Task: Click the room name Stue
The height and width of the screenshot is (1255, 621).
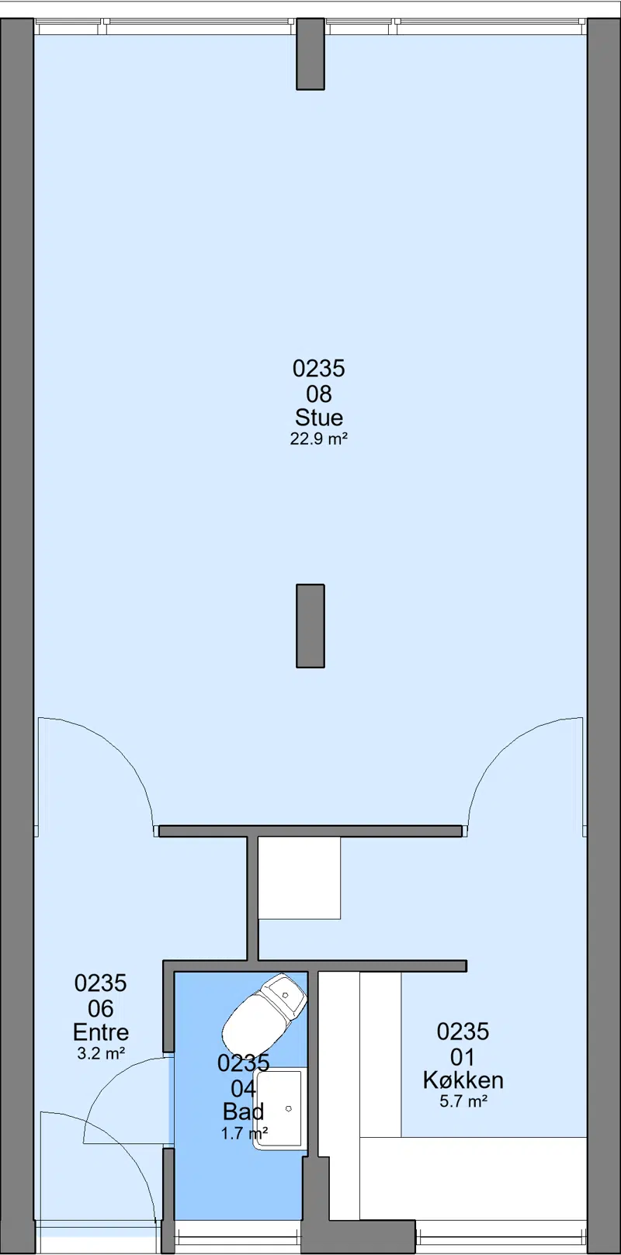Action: point(319,418)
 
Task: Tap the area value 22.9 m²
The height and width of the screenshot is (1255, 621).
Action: point(318,439)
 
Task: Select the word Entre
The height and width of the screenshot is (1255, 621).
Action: point(101,1032)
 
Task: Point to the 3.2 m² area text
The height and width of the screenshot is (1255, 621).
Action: point(101,1053)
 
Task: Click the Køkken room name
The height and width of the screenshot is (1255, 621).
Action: point(463,1080)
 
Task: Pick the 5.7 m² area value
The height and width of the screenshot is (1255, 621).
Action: point(463,1101)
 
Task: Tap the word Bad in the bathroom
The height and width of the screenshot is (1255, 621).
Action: point(243,1111)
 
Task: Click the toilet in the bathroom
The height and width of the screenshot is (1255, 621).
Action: point(263,1011)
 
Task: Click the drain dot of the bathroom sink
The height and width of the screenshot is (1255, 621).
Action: point(289,1109)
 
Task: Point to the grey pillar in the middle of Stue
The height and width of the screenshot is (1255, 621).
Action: point(310,626)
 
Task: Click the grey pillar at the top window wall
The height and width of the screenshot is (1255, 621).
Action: point(310,54)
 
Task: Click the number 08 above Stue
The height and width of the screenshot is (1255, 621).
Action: point(319,393)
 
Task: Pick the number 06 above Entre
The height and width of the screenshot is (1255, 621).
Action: point(101,1008)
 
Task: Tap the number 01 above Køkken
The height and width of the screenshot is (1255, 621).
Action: point(463,1056)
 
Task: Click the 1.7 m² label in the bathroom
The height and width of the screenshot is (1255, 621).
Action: point(245,1133)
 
